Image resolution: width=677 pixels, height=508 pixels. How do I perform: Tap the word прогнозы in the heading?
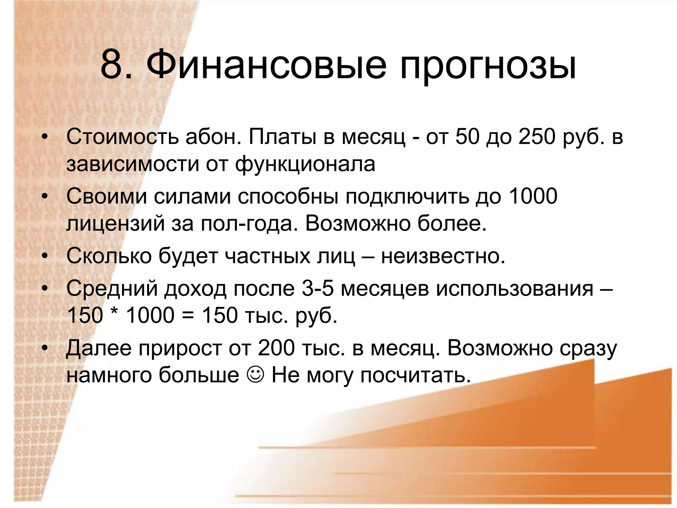488,66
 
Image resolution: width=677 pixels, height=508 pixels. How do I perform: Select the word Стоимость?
122,137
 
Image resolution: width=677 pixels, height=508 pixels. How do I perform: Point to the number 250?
537,137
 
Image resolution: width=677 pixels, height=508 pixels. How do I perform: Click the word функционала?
305,164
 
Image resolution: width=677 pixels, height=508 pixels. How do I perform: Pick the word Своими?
106,196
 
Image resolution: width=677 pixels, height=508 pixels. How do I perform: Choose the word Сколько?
109,256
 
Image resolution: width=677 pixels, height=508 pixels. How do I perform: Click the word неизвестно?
443,256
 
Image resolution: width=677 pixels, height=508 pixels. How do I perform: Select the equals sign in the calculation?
188,315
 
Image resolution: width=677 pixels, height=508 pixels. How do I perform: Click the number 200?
276,348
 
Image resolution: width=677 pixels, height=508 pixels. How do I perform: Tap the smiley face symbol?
255,375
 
